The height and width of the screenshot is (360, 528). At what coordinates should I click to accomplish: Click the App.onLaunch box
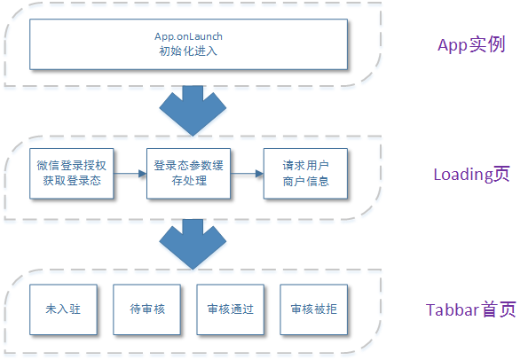pos(188,44)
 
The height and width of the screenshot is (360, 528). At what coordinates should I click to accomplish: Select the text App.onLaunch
pos(188,36)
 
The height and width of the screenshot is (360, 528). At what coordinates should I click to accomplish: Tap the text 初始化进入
pos(188,51)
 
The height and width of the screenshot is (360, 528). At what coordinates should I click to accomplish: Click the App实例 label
pos(471,44)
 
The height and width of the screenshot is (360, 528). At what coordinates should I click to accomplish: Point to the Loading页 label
pos(471,175)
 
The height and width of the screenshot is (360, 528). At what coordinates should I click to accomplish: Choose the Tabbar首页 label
pos(470,309)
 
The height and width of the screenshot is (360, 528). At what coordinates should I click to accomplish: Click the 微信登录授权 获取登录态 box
pos(71,174)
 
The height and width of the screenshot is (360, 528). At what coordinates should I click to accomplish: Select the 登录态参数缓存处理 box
pos(188,174)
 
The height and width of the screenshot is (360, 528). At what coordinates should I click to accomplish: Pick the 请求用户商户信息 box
pos(305,174)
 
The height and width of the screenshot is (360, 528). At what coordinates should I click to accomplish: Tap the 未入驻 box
pos(63,309)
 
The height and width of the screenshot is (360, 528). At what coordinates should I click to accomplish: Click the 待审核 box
pos(146,309)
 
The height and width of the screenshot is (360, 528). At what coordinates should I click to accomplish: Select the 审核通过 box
pos(231,309)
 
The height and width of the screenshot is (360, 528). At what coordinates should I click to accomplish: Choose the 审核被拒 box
pos(314,309)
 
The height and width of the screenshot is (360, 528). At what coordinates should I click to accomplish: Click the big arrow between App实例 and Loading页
pos(193,111)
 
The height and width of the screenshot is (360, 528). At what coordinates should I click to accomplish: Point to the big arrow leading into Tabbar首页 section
pos(193,245)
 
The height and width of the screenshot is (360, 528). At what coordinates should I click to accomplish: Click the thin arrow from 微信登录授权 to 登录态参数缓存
pos(130,174)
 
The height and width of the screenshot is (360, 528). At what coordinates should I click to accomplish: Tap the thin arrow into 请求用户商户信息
pos(248,174)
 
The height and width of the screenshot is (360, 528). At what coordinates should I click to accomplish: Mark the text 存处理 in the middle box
pos(189,181)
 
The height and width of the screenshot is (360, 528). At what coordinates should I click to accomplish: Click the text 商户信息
pos(306,182)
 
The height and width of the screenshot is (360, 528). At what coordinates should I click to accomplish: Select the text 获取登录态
pos(72,181)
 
